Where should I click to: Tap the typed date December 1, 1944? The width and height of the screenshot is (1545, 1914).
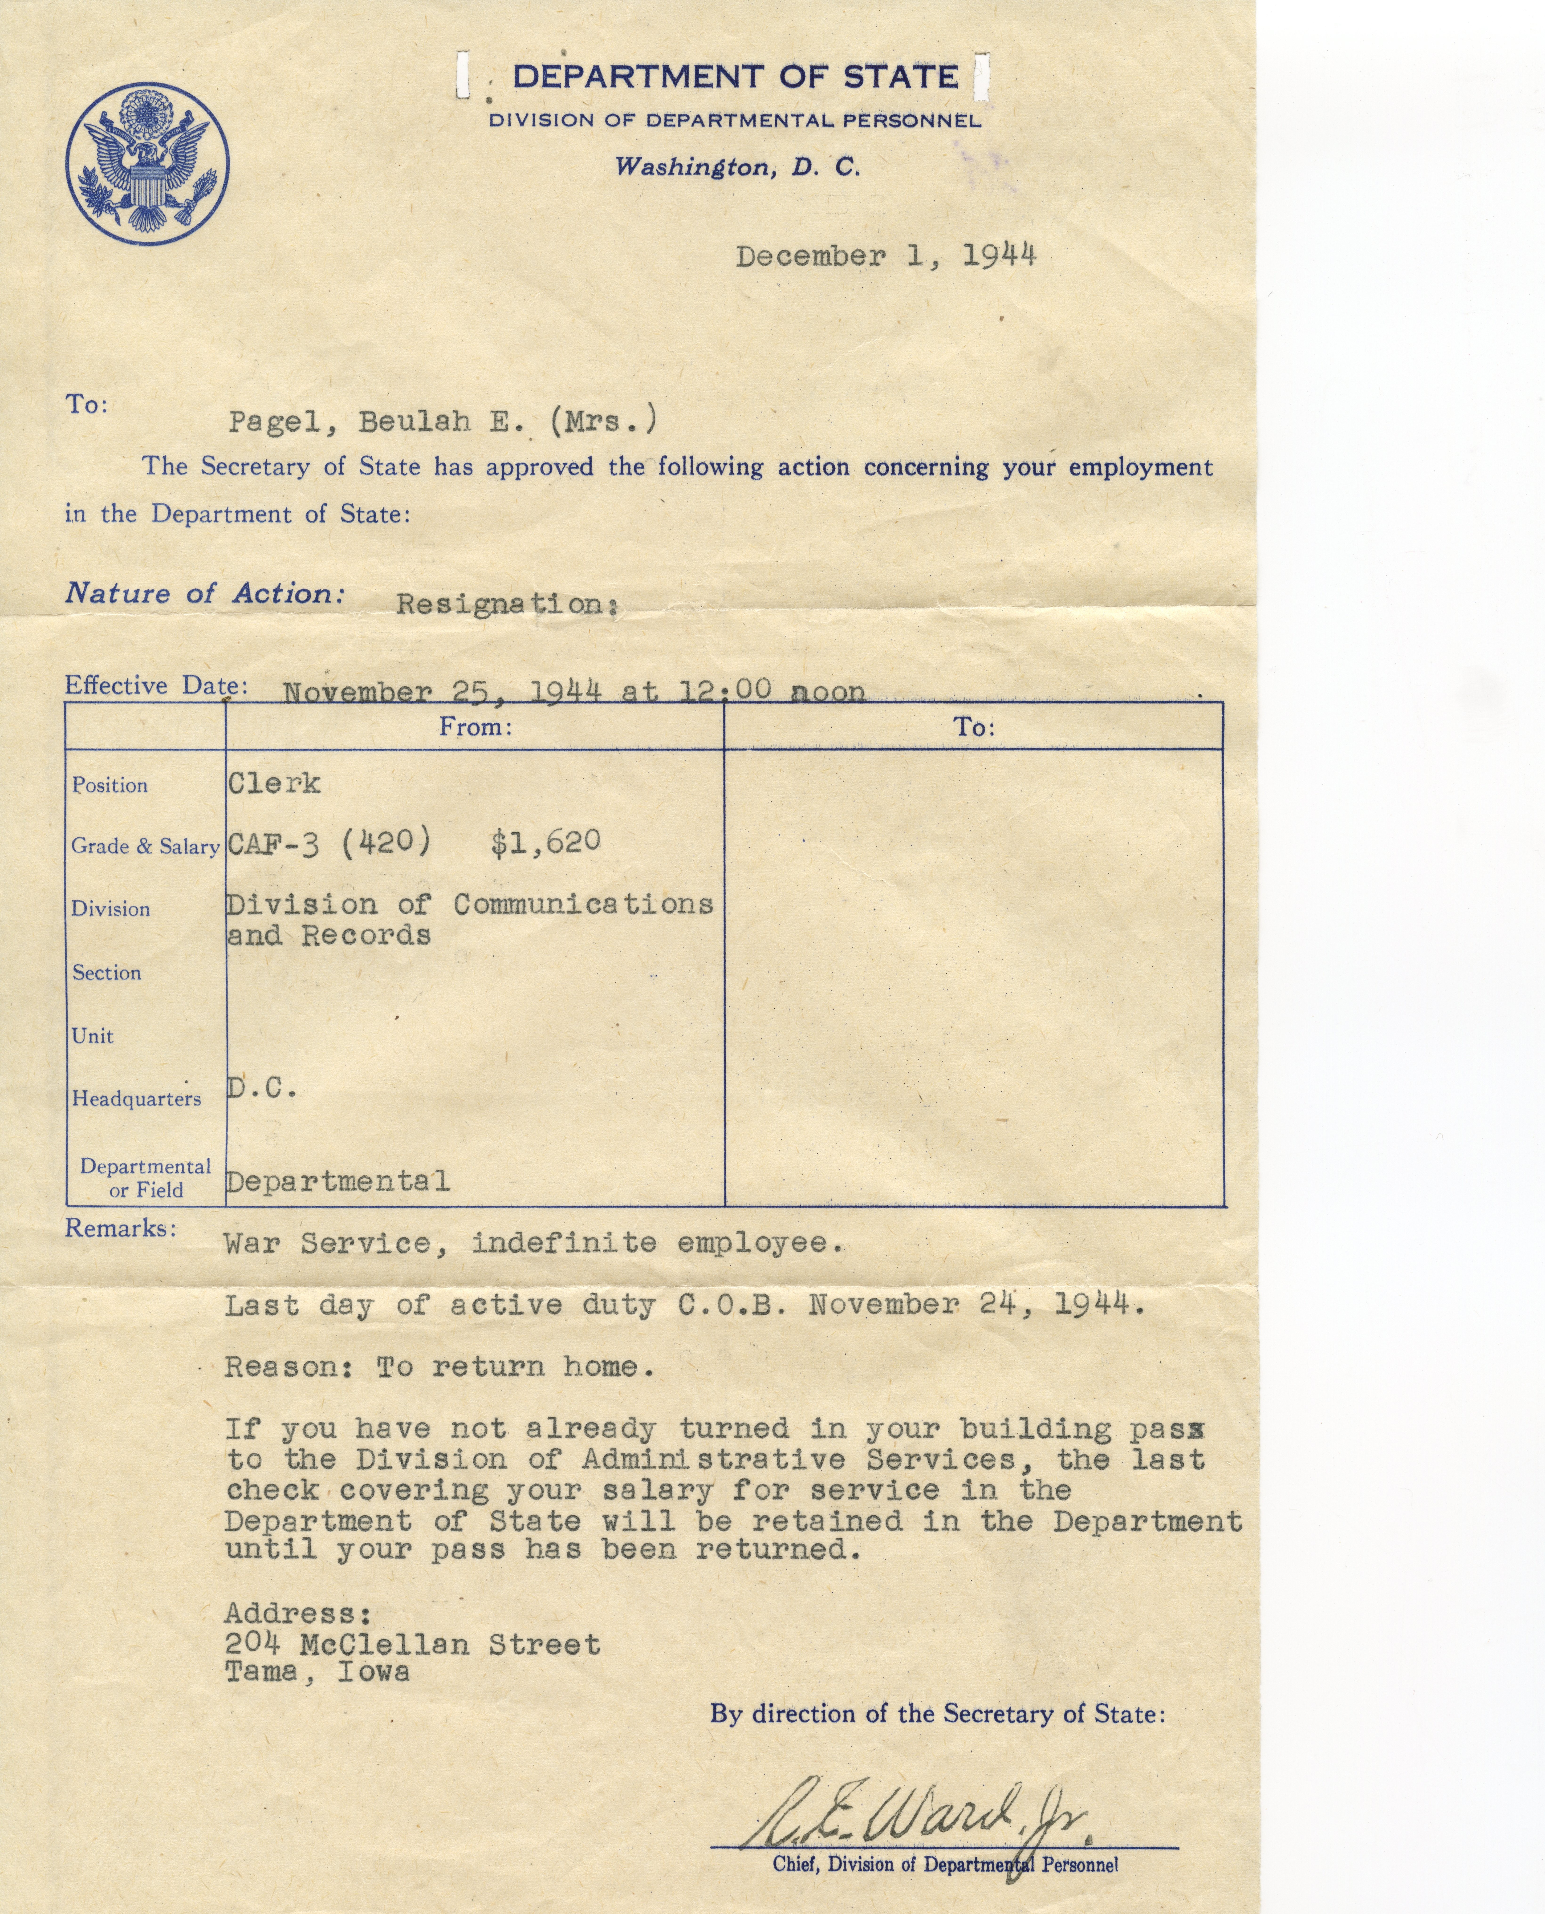[886, 256]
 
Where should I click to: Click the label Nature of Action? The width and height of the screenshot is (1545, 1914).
[205, 593]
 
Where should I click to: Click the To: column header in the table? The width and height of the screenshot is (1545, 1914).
[975, 728]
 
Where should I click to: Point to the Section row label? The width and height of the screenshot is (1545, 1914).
[107, 973]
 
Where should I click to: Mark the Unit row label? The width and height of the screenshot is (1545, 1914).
[93, 1036]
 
